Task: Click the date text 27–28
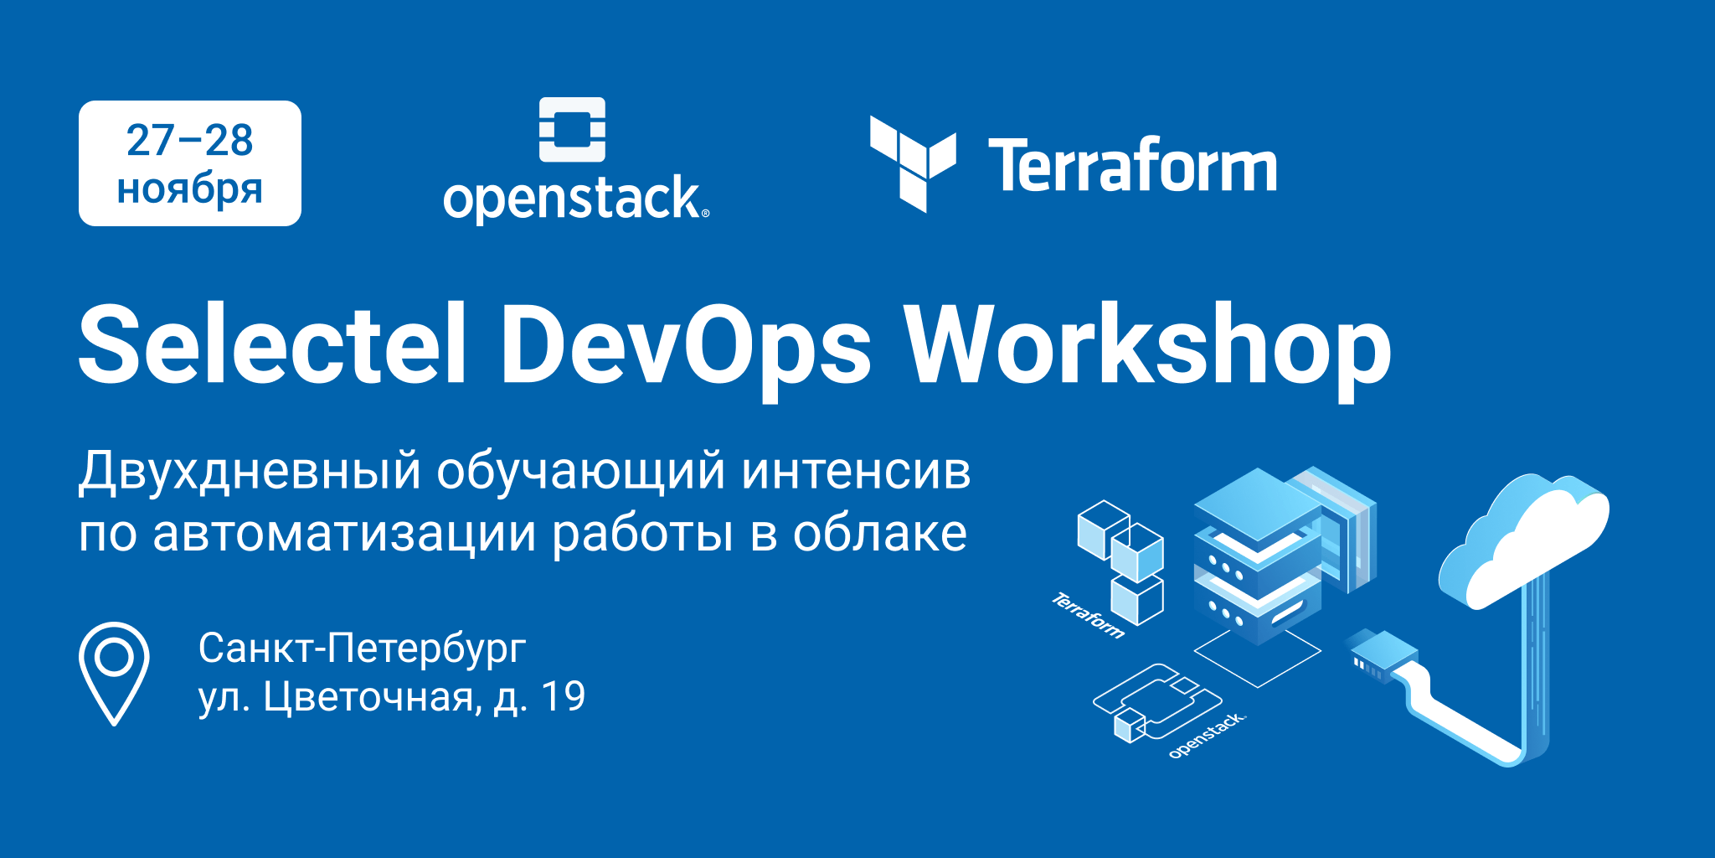coord(190,141)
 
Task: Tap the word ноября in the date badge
coord(190,189)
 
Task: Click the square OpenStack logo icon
coord(572,129)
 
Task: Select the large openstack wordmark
coord(574,199)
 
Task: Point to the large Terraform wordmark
coord(1132,166)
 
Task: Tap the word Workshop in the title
coord(1149,345)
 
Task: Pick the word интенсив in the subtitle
coord(856,471)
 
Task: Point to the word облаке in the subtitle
coord(880,534)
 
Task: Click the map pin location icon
coord(114,670)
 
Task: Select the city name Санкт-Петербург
coord(362,648)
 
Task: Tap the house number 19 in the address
coord(563,696)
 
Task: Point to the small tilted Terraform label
coord(1088,615)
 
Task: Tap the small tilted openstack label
coord(1207,735)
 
